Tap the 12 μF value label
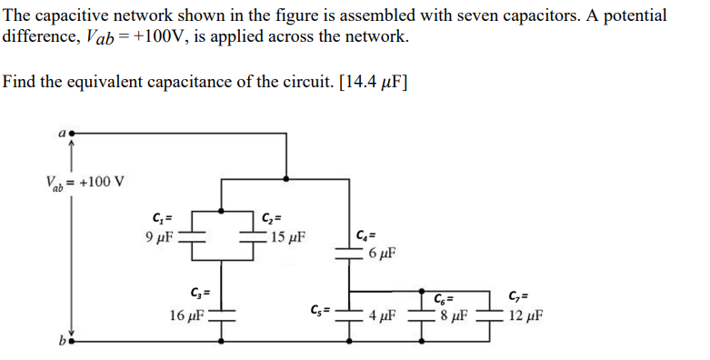tap(527, 315)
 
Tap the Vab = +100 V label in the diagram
tap(85, 182)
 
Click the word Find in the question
tap(19, 81)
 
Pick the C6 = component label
tap(445, 297)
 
